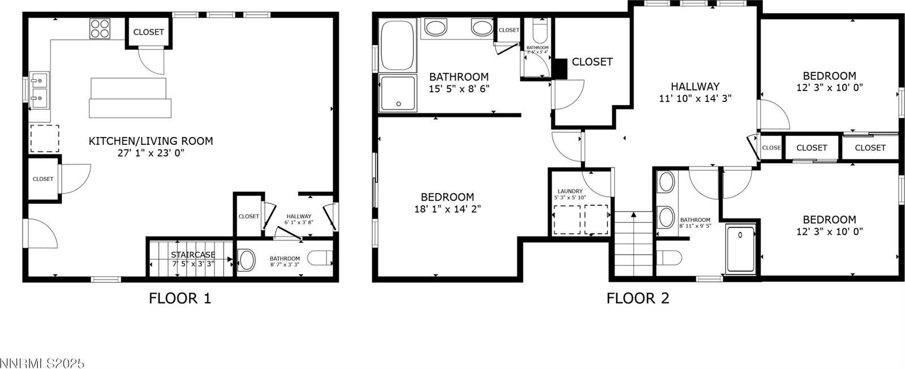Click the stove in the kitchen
(x=100, y=28)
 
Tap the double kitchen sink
(x=40, y=91)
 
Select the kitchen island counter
(x=130, y=97)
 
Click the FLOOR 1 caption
(x=180, y=298)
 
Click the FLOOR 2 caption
(x=638, y=298)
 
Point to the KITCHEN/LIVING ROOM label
(x=151, y=141)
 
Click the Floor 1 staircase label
(x=194, y=255)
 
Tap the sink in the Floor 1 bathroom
(x=247, y=260)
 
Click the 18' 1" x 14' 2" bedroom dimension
(x=447, y=209)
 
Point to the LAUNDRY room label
(x=570, y=191)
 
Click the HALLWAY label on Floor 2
(x=695, y=87)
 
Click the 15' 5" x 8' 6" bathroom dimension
(x=459, y=88)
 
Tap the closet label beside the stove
(x=148, y=32)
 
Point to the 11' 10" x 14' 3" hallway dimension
(x=695, y=98)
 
